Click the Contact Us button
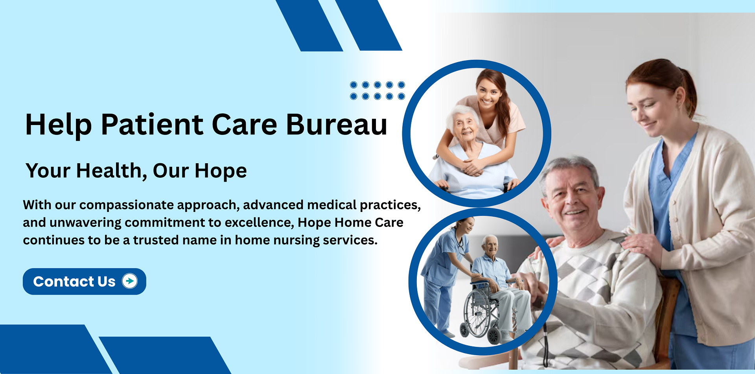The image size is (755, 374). tap(85, 282)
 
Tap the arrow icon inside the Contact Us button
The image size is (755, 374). tap(130, 281)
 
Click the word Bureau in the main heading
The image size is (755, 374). tap(337, 125)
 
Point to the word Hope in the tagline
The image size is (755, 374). tap(221, 171)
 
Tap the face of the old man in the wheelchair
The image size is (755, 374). tap(490, 247)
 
